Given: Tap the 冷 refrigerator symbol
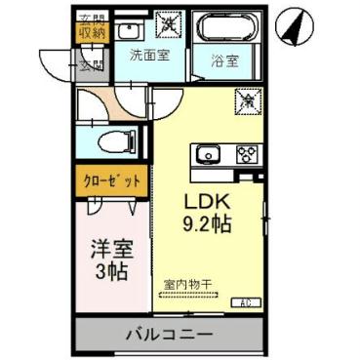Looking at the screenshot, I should [248, 99].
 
